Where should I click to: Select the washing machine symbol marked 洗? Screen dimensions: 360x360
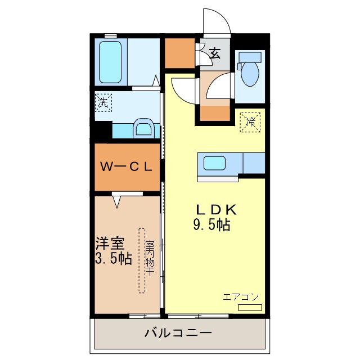[x=103, y=103]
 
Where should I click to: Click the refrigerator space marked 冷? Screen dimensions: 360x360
[x=251, y=121]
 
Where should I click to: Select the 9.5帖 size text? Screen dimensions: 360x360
[x=211, y=225]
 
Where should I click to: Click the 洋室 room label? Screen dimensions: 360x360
[x=110, y=245]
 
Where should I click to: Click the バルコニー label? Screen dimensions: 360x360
[x=178, y=333]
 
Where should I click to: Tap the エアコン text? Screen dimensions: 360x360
[x=241, y=297]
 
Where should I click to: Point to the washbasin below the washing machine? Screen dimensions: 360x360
[x=143, y=128]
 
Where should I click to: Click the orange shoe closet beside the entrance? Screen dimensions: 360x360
[x=179, y=53]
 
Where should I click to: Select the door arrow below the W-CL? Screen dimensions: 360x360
[x=119, y=200]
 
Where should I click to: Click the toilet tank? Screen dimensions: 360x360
[x=250, y=57]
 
